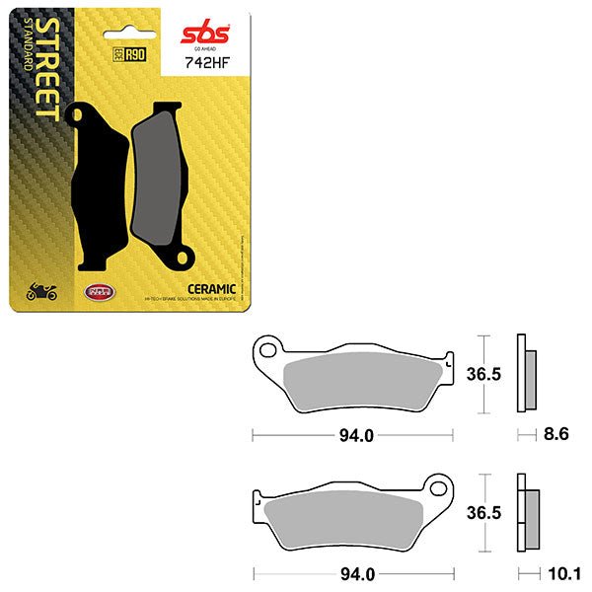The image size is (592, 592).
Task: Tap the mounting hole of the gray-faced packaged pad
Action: [x=182, y=260]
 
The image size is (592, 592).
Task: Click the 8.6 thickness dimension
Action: [x=555, y=433]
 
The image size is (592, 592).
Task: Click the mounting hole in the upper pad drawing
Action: [x=267, y=349]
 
